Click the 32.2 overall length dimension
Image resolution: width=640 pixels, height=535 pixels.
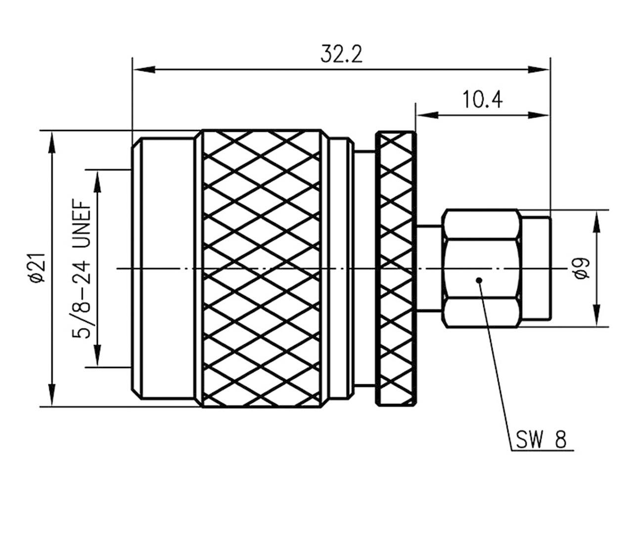click(341, 54)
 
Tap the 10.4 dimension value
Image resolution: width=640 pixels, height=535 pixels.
click(482, 100)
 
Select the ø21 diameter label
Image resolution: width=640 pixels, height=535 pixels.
click(39, 268)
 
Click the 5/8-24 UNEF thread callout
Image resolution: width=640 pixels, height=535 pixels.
click(82, 269)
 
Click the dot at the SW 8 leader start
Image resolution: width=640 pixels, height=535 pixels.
click(479, 280)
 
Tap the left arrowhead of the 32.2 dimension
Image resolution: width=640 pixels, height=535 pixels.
click(144, 70)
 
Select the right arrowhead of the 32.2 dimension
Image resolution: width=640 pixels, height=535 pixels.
click(538, 70)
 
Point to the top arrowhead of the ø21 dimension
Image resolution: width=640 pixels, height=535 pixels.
click(53, 143)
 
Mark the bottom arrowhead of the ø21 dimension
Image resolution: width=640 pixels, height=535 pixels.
click(53, 395)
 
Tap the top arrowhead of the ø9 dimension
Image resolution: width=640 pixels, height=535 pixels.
click(596, 222)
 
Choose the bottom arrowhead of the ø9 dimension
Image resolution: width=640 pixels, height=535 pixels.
click(596, 314)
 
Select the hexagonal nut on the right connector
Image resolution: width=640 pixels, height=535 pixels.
click(481, 268)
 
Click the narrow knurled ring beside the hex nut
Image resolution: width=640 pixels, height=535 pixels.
click(396, 268)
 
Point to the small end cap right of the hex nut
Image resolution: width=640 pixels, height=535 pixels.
click(536, 268)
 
